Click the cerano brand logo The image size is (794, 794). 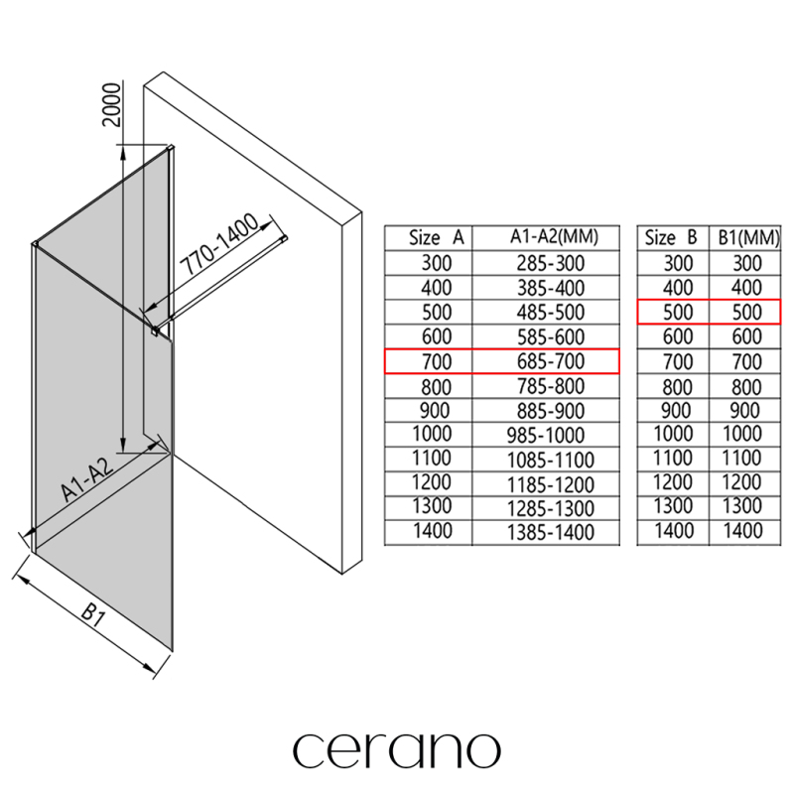tap(397, 749)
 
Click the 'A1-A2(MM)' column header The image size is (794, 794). tap(546, 238)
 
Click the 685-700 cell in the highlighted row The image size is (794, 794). tap(546, 361)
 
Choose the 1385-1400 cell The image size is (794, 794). tap(546, 532)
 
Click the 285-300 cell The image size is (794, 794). tap(546, 263)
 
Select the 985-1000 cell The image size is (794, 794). tap(546, 435)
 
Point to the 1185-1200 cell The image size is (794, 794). tap(546, 483)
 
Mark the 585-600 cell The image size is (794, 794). tap(546, 336)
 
